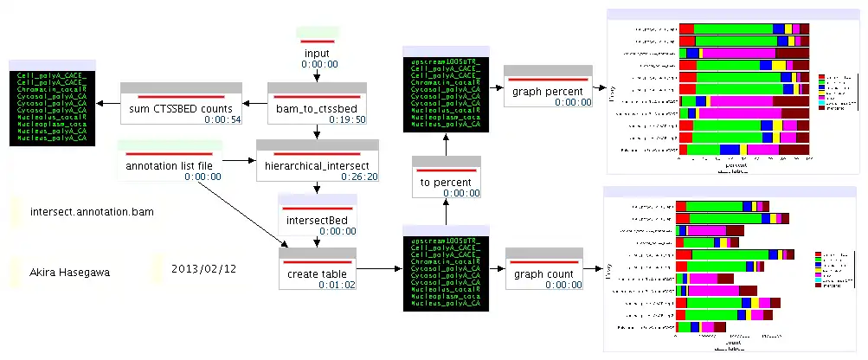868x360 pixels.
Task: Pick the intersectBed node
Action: (x=318, y=218)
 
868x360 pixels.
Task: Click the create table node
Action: (x=318, y=271)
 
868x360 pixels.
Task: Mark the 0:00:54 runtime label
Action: (x=216, y=119)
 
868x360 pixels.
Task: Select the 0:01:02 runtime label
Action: (x=338, y=286)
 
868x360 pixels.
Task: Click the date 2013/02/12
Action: (x=204, y=269)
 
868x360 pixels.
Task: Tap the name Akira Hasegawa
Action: (x=70, y=272)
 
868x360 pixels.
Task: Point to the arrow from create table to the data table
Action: (x=379, y=269)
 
